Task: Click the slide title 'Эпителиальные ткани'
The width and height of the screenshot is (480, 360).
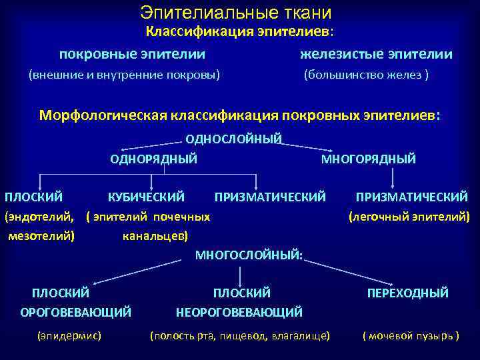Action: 236,12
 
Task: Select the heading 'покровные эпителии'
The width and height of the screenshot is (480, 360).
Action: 132,54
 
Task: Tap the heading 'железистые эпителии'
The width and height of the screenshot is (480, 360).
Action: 376,54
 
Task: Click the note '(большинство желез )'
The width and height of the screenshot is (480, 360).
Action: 366,75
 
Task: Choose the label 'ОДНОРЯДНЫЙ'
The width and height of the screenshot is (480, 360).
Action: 153,159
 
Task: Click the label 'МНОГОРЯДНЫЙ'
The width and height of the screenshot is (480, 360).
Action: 369,159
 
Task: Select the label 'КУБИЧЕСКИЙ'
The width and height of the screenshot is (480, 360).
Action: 146,197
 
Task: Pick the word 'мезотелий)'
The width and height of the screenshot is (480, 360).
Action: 41,235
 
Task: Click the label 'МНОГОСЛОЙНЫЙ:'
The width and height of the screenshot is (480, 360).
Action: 249,254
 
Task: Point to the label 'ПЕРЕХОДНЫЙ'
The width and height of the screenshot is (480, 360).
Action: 408,293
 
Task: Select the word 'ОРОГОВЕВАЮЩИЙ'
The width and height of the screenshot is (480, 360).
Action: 75,311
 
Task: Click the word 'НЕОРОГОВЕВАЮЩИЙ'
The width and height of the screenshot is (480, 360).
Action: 239,311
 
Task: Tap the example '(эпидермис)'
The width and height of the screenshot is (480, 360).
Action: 69,335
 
